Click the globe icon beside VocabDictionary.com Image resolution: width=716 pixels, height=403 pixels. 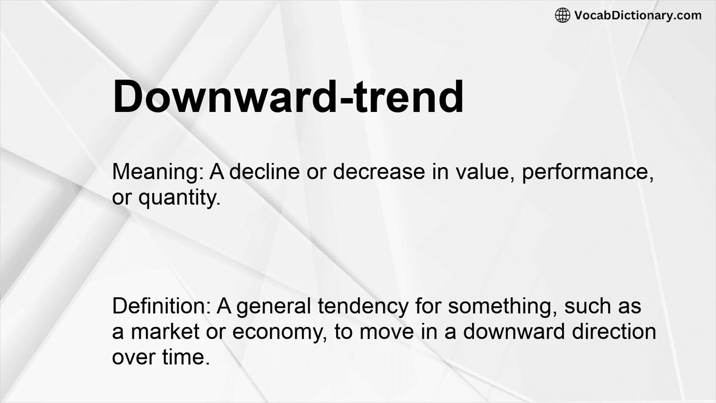coord(562,16)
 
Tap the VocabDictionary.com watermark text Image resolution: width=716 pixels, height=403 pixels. coord(638,16)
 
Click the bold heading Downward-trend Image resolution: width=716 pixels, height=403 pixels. coord(288,97)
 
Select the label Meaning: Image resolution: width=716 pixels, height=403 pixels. coord(158,172)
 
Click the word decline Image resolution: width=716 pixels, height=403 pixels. coord(265,172)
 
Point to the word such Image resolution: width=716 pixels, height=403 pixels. coord(587,306)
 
